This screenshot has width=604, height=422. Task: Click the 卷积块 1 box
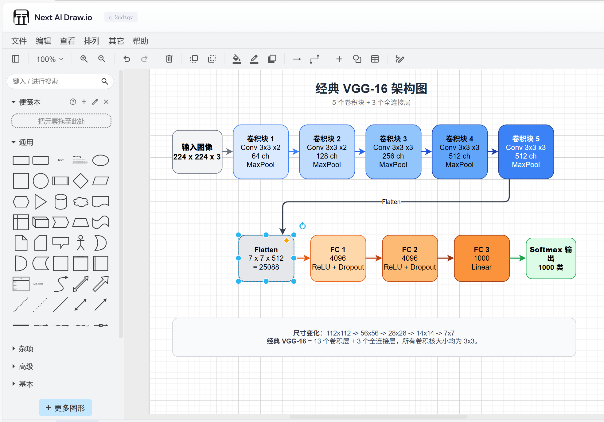260,152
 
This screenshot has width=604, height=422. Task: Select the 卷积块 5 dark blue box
526,152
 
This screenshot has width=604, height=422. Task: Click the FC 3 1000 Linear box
481,258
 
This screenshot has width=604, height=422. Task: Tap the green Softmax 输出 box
551,258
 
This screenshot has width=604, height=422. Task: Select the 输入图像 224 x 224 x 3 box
197,152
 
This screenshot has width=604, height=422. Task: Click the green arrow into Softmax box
518,258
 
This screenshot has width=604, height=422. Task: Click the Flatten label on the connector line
391,202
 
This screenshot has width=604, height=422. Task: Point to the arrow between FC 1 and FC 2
374,258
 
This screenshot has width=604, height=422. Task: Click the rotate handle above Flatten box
302,226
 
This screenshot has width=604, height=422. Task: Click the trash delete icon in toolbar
169,59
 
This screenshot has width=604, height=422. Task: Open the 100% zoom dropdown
50,59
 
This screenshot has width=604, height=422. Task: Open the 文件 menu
19,41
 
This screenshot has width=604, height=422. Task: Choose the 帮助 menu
140,41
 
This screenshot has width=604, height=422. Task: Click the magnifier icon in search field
105,81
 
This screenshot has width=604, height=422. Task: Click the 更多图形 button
65,408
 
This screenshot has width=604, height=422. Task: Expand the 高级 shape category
26,366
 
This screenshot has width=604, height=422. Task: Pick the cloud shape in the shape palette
81,202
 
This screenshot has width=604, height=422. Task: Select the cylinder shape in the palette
60,202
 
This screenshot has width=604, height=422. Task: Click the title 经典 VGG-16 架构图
371,89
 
